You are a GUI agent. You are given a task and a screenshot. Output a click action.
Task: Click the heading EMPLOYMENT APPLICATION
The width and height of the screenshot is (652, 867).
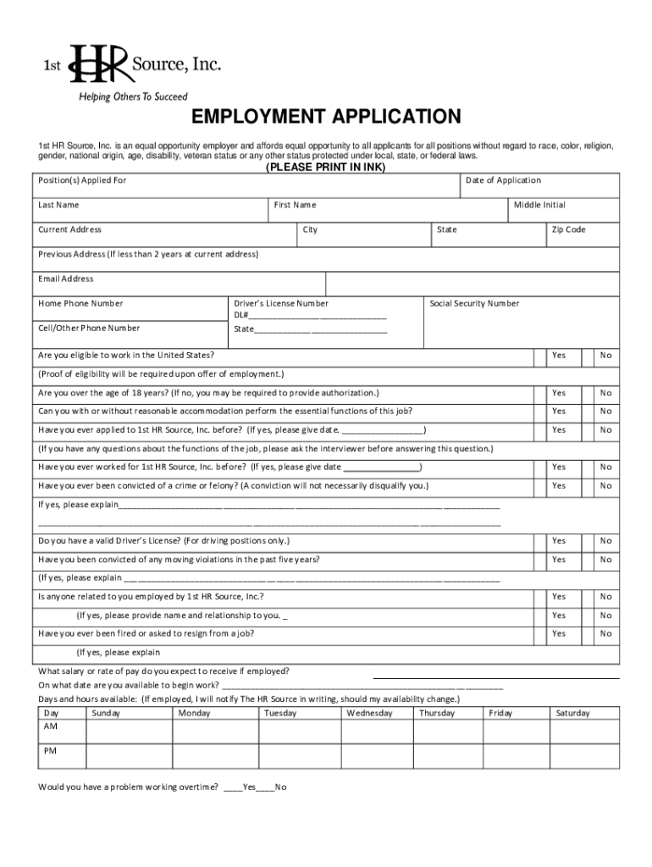click(326, 116)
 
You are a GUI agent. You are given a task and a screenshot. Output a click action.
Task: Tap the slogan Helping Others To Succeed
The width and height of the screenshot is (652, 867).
click(133, 97)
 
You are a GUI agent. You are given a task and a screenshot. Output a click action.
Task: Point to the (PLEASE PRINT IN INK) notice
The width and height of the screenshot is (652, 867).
click(326, 168)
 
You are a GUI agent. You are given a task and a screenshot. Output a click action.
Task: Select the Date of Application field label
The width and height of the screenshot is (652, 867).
click(503, 180)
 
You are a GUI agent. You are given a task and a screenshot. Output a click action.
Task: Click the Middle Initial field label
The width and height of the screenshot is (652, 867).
click(539, 205)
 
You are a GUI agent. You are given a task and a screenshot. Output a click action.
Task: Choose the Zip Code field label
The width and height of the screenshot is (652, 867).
click(568, 229)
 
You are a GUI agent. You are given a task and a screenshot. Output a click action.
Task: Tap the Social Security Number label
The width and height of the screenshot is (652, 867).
click(474, 303)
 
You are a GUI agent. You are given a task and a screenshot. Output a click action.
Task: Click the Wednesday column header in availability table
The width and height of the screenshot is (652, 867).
click(369, 713)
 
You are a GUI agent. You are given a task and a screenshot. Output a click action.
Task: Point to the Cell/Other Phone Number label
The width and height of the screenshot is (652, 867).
click(89, 328)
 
